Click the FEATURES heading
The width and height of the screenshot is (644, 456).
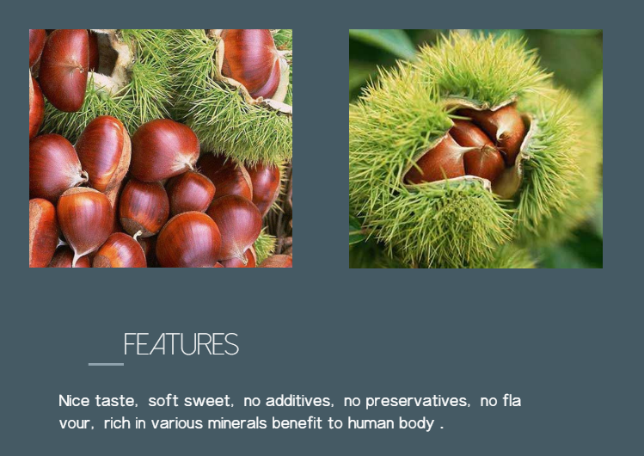tap(181, 344)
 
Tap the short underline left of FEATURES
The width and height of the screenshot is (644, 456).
tap(106, 364)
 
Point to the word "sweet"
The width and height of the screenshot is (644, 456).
tap(208, 401)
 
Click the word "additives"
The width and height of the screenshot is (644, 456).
tap(299, 401)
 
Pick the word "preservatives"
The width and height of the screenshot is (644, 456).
tap(417, 401)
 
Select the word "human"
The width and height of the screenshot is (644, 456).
tap(371, 423)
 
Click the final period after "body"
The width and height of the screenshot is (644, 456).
tap(442, 428)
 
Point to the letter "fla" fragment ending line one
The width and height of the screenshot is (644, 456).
tap(512, 401)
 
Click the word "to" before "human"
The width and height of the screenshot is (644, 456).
tap(335, 423)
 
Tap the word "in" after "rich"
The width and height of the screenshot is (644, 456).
tap(140, 423)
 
